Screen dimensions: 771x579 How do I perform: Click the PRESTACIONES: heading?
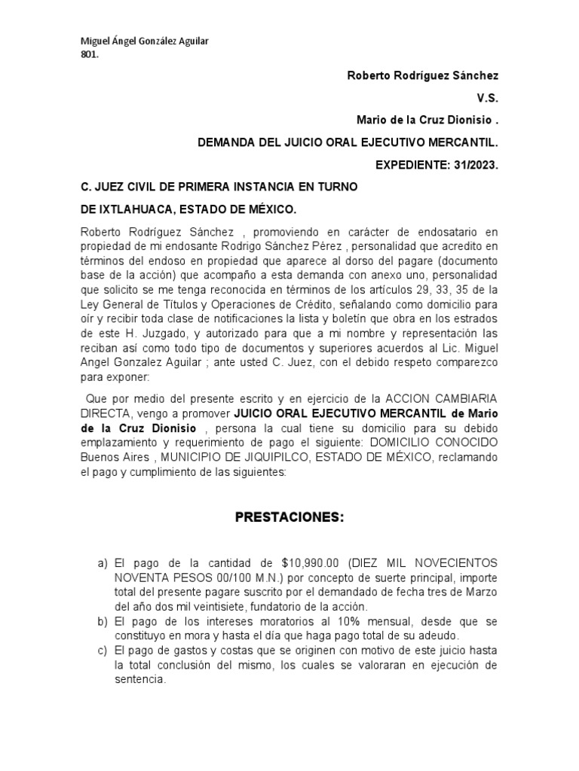tap(289, 518)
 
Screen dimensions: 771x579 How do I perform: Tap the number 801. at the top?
tap(89, 54)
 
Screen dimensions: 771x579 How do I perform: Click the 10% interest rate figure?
tap(302, 622)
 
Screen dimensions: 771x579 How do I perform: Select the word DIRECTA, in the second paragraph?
tap(106, 414)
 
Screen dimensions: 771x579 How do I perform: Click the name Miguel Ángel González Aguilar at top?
tap(144, 41)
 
